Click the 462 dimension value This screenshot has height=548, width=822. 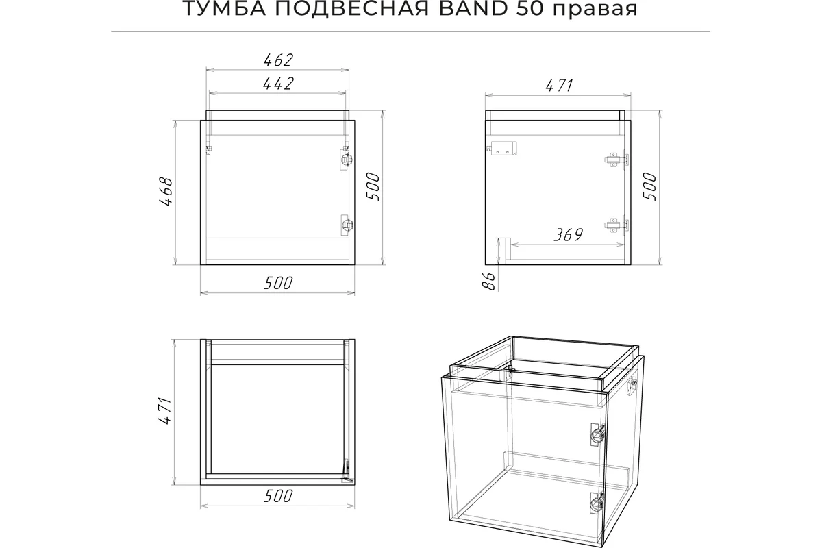pyautogui.click(x=278, y=60)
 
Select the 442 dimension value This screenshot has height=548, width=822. pyautogui.click(x=278, y=84)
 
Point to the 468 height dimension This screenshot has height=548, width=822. pyautogui.click(x=166, y=192)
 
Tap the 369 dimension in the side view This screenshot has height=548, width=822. pyautogui.click(x=568, y=235)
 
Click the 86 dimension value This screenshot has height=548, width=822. pyautogui.click(x=490, y=282)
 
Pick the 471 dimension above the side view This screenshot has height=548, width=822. pyautogui.click(x=559, y=86)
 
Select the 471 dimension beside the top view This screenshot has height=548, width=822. pyautogui.click(x=166, y=411)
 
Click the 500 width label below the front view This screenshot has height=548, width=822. pyautogui.click(x=278, y=284)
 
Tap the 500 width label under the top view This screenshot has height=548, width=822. pyautogui.click(x=278, y=497)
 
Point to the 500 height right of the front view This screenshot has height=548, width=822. pyautogui.click(x=373, y=186)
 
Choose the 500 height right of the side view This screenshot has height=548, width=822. pyautogui.click(x=649, y=186)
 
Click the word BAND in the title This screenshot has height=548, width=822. pyautogui.click(x=473, y=9)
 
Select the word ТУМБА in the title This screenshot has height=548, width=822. pyautogui.click(x=224, y=9)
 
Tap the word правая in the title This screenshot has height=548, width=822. pyautogui.click(x=595, y=10)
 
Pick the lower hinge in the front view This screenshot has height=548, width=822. pyautogui.click(x=346, y=225)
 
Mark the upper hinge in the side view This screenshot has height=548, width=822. pyautogui.click(x=616, y=160)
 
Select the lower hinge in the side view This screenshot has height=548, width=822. pyautogui.click(x=616, y=225)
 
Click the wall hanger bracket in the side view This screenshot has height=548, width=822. pyautogui.click(x=502, y=148)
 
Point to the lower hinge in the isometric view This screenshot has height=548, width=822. pyautogui.click(x=597, y=503)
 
